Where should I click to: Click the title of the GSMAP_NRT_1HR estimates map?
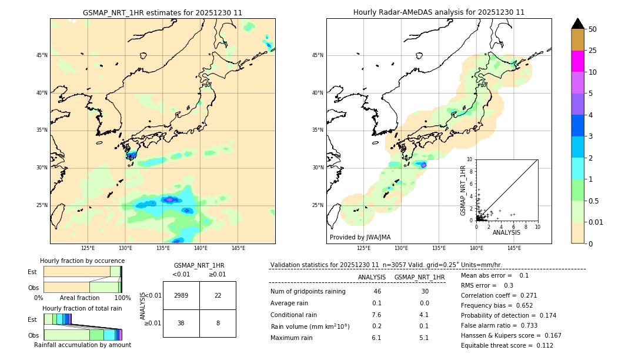click(x=162, y=12)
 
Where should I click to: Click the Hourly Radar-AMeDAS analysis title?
click(x=439, y=12)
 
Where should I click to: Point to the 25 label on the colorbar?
click(x=593, y=51)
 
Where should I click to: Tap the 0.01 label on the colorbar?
click(x=596, y=222)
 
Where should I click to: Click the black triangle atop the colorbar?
click(x=578, y=24)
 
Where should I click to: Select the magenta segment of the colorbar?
click(x=578, y=61)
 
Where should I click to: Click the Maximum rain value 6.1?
click(x=376, y=338)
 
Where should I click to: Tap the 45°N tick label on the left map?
click(x=42, y=55)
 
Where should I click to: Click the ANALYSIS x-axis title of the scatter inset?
click(x=506, y=232)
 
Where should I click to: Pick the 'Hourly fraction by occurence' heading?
click(x=82, y=261)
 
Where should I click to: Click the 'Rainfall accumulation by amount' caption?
click(x=82, y=345)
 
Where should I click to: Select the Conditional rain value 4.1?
click(x=424, y=315)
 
